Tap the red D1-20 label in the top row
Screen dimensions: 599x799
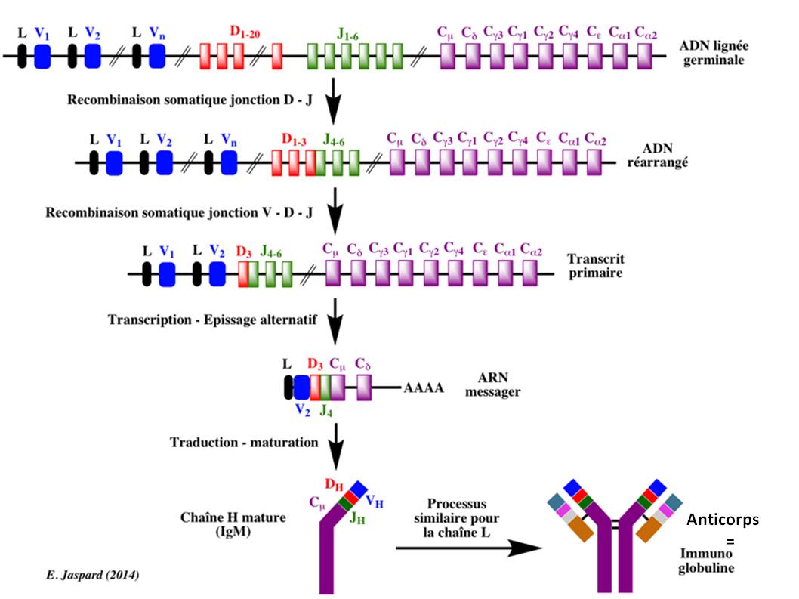pyautogui.click(x=245, y=32)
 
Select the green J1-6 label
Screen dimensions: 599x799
pyautogui.click(x=352, y=32)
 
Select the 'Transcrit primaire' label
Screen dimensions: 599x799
pyautogui.click(x=594, y=265)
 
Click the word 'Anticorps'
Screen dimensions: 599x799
pyautogui.click(x=723, y=520)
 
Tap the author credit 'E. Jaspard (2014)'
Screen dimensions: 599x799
pyautogui.click(x=91, y=576)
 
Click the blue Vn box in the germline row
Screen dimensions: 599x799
pyautogui.click(x=157, y=55)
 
